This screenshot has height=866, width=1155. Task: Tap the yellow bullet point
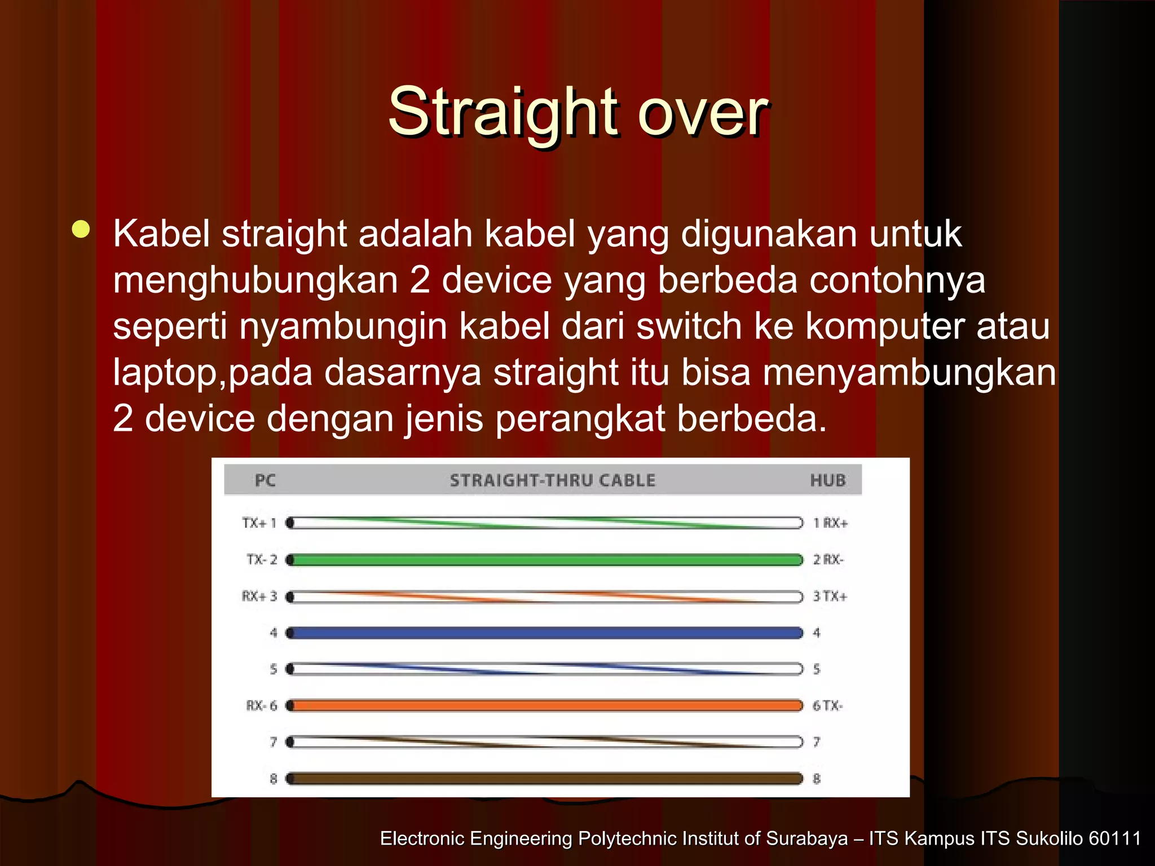81,229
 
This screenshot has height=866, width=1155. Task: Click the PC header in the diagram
265,480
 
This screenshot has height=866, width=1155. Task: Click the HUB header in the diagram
828,480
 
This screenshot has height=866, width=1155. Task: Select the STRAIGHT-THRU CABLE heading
552,480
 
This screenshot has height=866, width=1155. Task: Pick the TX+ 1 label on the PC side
259,523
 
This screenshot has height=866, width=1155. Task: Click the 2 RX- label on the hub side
828,560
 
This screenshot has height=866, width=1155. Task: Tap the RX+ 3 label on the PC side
259,597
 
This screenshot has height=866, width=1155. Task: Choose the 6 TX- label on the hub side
827,706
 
